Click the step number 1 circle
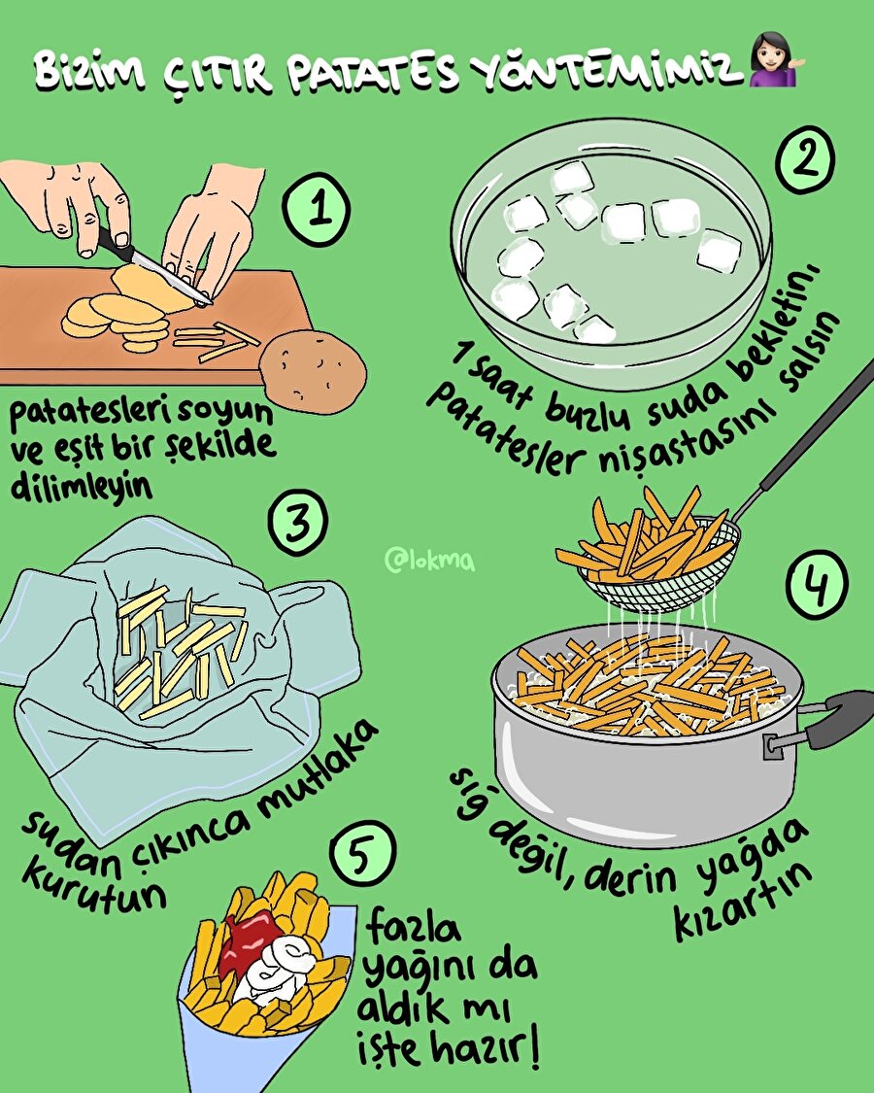(316, 210)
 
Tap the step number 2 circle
(806, 159)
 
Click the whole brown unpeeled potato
(314, 370)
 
